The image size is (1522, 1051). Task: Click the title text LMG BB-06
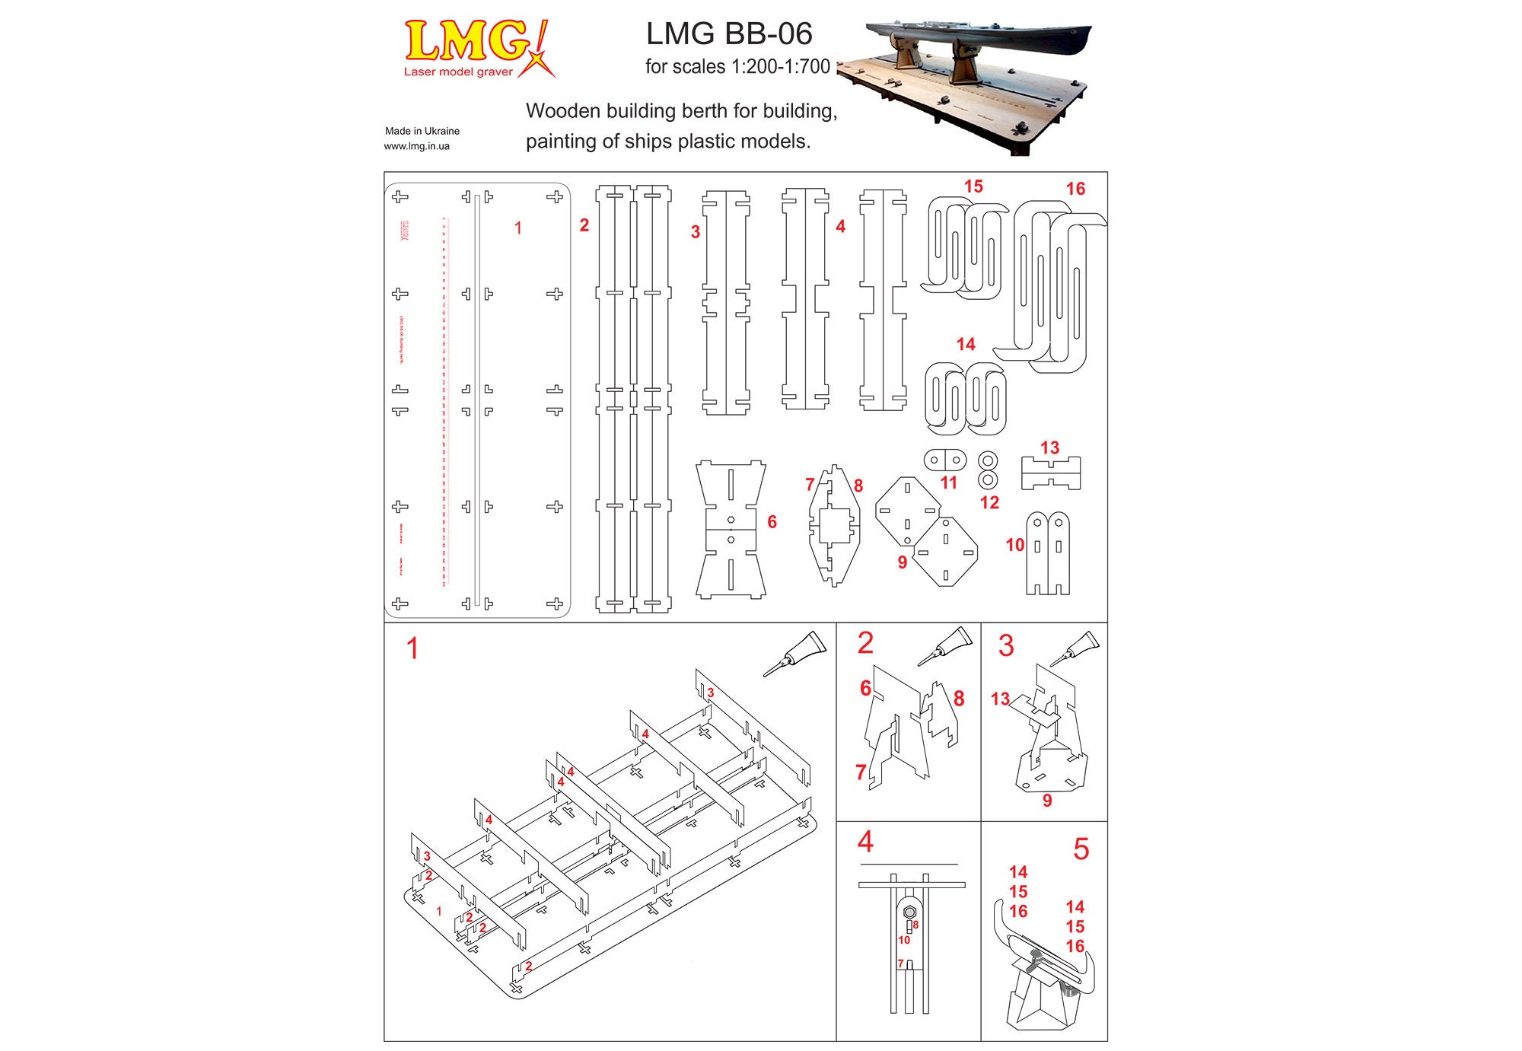tap(728, 33)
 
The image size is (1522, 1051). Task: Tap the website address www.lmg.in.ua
tap(416, 146)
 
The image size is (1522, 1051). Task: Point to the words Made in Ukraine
tap(422, 131)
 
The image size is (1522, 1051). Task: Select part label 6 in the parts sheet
tap(772, 522)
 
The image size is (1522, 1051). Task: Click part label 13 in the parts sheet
tap(1049, 447)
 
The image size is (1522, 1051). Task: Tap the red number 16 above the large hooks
tap(1075, 189)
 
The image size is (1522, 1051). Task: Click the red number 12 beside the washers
tap(989, 502)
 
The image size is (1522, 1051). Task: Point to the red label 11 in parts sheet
tap(948, 483)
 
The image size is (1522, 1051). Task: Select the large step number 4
tap(865, 842)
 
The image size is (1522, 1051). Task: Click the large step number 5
tap(1081, 849)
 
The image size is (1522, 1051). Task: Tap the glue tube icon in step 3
tap(1075, 648)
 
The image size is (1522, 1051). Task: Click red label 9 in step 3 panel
tap(1047, 801)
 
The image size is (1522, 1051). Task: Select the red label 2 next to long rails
tap(584, 225)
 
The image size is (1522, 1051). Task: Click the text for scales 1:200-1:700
tap(737, 67)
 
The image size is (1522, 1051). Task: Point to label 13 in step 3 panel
tap(1000, 699)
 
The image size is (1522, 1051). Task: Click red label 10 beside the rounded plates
tap(1014, 545)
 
